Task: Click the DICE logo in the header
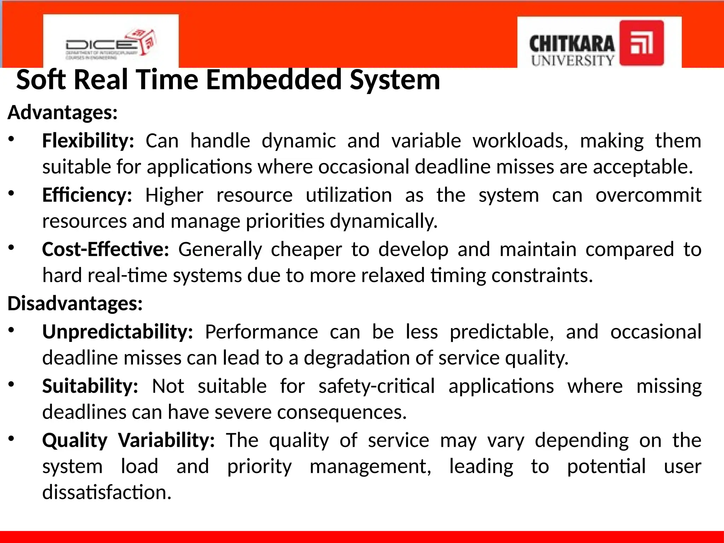(110, 44)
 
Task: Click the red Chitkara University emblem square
(642, 43)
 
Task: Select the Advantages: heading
(63, 112)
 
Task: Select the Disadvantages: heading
(75, 303)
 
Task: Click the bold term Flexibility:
(88, 141)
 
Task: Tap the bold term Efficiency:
(87, 195)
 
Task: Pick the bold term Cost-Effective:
(106, 249)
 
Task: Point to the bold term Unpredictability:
(118, 332)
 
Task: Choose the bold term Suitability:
(90, 386)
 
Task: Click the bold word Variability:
(167, 440)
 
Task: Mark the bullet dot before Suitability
(11, 384)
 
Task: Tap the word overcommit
(648, 195)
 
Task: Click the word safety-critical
(376, 386)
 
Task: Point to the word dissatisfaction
(107, 492)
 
